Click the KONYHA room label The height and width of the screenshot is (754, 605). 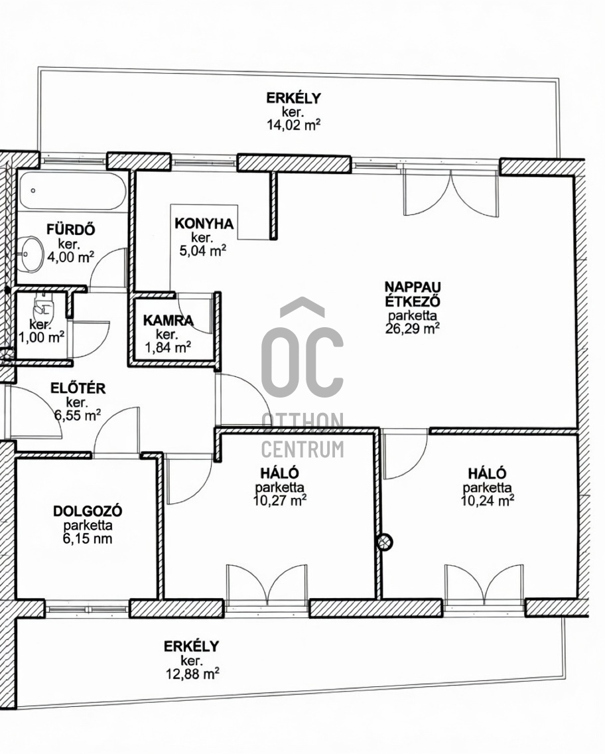click(204, 224)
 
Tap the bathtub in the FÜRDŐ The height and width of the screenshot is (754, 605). click(72, 190)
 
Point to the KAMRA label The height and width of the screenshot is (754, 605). click(168, 321)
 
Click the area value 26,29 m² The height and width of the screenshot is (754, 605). click(413, 329)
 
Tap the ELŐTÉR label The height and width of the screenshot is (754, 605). click(78, 388)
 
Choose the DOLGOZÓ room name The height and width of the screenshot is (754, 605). click(88, 510)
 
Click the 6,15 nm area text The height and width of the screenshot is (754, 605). click(88, 538)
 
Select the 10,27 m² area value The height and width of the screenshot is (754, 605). click(280, 500)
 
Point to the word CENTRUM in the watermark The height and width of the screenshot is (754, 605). click(302, 449)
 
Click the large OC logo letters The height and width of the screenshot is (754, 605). click(302, 362)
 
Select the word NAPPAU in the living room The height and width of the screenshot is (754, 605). click(413, 287)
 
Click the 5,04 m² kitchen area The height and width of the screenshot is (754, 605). click(203, 250)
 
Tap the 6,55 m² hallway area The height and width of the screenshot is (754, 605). click(78, 415)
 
